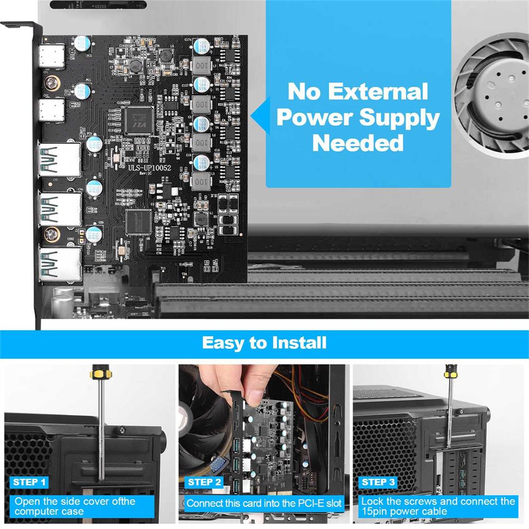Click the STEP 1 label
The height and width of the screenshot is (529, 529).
tap(30, 482)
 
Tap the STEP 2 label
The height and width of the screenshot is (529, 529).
tap(205, 482)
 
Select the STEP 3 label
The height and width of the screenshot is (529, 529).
tap(378, 482)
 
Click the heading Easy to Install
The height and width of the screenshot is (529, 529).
tap(264, 343)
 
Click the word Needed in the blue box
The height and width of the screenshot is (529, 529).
tap(358, 143)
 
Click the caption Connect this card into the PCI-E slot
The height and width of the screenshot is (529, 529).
tap(264, 503)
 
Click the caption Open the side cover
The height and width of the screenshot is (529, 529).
tap(75, 506)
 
